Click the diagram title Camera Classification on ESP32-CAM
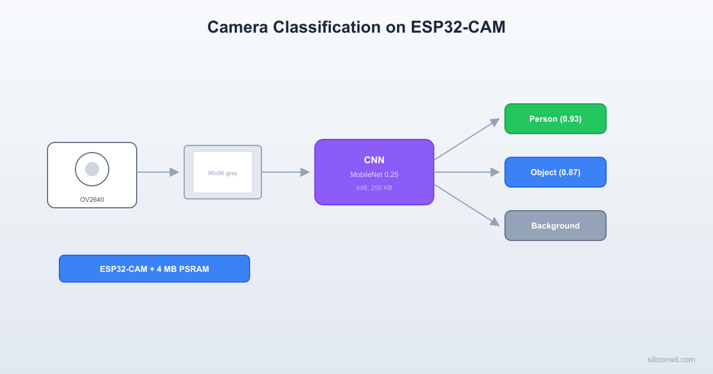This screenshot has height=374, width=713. pyautogui.click(x=356, y=27)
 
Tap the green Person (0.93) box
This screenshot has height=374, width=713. pyautogui.click(x=555, y=119)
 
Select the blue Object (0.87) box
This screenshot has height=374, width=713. pyautogui.click(x=555, y=172)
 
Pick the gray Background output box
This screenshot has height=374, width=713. pyautogui.click(x=555, y=226)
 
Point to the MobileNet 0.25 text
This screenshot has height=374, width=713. pyautogui.click(x=374, y=175)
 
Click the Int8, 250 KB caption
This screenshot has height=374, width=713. pyautogui.click(x=374, y=188)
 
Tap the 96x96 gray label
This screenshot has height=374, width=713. pyautogui.click(x=222, y=173)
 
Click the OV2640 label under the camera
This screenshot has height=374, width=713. pyautogui.click(x=92, y=199)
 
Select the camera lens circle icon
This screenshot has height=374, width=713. pyautogui.click(x=92, y=169)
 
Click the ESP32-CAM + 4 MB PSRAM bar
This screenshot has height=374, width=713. pyautogui.click(x=154, y=269)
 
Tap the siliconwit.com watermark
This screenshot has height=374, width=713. pyautogui.click(x=671, y=359)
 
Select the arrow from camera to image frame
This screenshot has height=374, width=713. pyautogui.click(x=158, y=172)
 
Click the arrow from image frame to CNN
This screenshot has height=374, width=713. pyautogui.click(x=286, y=172)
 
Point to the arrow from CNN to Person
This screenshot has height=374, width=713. pyautogui.click(x=467, y=139)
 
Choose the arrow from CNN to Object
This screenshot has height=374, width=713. pyautogui.click(x=467, y=172)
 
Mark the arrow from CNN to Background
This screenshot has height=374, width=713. pyautogui.click(x=467, y=205)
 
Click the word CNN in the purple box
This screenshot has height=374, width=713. pyautogui.click(x=374, y=160)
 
